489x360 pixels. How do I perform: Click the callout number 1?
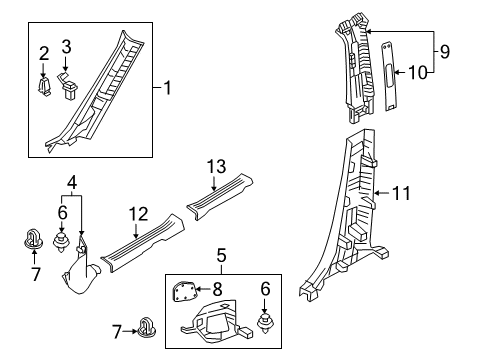click(x=168, y=88)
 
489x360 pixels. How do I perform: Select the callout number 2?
click(x=44, y=54)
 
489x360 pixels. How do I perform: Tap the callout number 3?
click(x=66, y=47)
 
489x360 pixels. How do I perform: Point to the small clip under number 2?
click(x=44, y=87)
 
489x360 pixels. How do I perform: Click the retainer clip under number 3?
click(x=69, y=86)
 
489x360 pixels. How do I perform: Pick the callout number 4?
click(x=72, y=183)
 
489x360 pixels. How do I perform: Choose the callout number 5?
click(x=221, y=256)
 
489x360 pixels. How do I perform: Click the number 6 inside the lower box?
click(x=265, y=289)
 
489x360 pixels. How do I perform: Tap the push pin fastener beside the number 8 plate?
click(x=265, y=323)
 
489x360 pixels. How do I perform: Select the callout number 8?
click(x=217, y=289)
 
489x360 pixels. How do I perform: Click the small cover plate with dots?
click(x=184, y=292)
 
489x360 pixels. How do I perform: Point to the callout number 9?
click(x=445, y=52)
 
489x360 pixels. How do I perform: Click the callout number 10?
click(x=417, y=72)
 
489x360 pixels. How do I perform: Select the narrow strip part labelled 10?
click(x=389, y=76)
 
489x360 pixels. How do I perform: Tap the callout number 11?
click(x=401, y=193)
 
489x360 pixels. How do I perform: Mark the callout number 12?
click(x=138, y=214)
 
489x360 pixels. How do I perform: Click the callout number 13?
click(x=217, y=167)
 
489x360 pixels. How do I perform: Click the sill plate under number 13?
click(x=219, y=196)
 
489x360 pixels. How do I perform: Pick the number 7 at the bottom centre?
click(x=117, y=332)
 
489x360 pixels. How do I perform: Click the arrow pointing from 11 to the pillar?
click(x=382, y=193)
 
